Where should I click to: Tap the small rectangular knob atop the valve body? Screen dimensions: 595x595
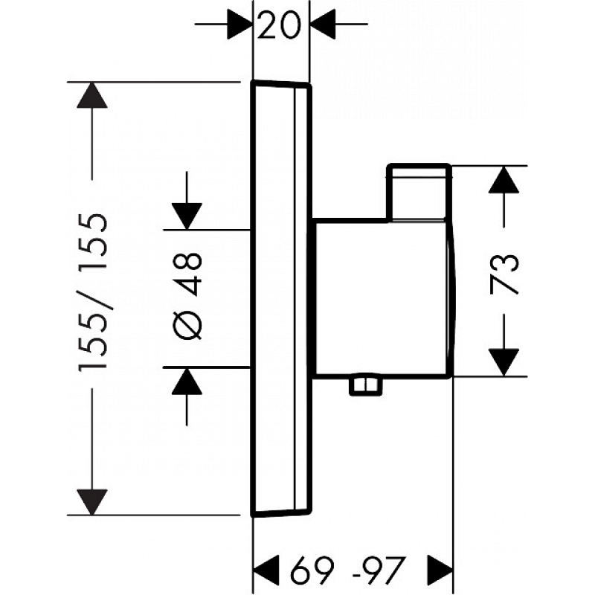419,191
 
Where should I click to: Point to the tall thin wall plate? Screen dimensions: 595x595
282,297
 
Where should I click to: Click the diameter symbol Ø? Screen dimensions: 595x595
189,325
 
